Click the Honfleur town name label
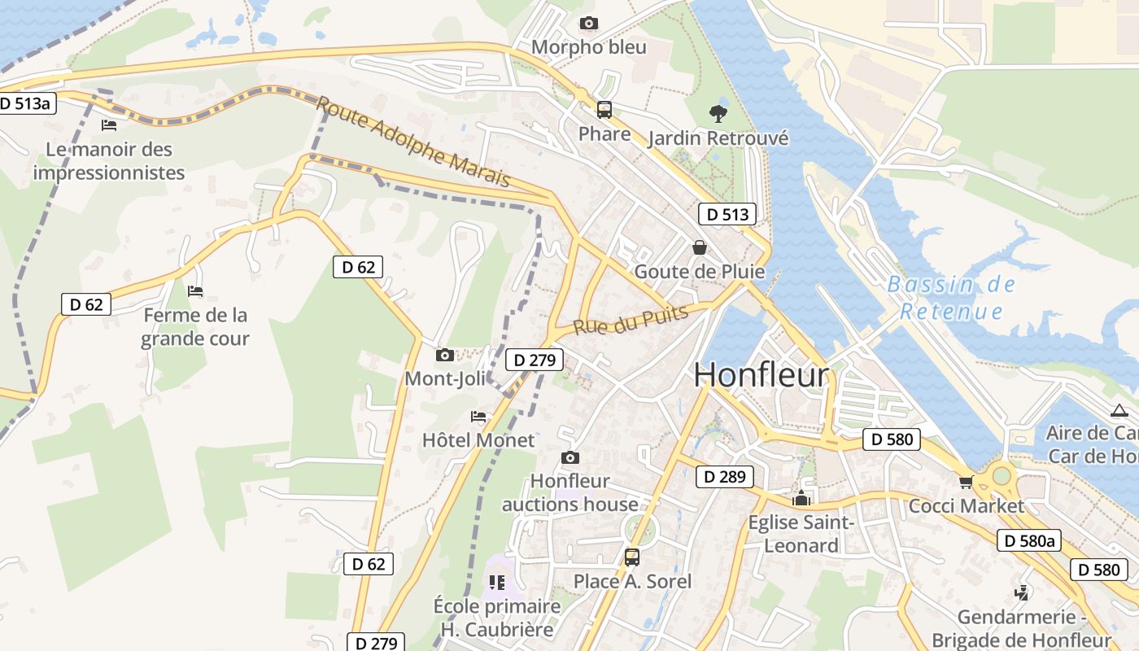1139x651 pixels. click(761, 375)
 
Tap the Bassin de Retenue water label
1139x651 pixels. click(951, 298)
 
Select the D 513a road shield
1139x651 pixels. click(25, 103)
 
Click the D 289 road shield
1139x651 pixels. click(724, 477)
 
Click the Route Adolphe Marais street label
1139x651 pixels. click(412, 142)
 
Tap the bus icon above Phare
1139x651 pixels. click(604, 110)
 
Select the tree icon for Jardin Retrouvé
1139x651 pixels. click(718, 113)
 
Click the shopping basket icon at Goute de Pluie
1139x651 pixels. click(699, 247)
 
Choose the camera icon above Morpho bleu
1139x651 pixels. click(588, 24)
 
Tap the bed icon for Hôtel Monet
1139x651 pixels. click(478, 417)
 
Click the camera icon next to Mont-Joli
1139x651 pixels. click(444, 355)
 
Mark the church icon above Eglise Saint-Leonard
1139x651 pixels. click(801, 498)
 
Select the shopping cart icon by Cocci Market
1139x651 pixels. click(966, 482)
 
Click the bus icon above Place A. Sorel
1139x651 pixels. click(632, 557)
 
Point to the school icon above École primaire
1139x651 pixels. click(496, 583)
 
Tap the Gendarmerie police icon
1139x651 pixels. click(1021, 593)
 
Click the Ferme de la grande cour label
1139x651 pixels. click(194, 326)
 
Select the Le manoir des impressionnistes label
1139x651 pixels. click(109, 160)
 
